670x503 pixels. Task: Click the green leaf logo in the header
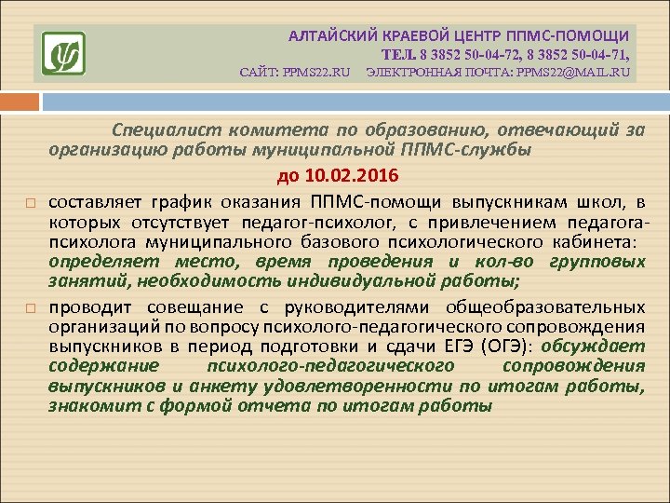pyautogui.click(x=63, y=53)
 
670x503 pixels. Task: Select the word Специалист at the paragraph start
pyautogui.click(x=155, y=129)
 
